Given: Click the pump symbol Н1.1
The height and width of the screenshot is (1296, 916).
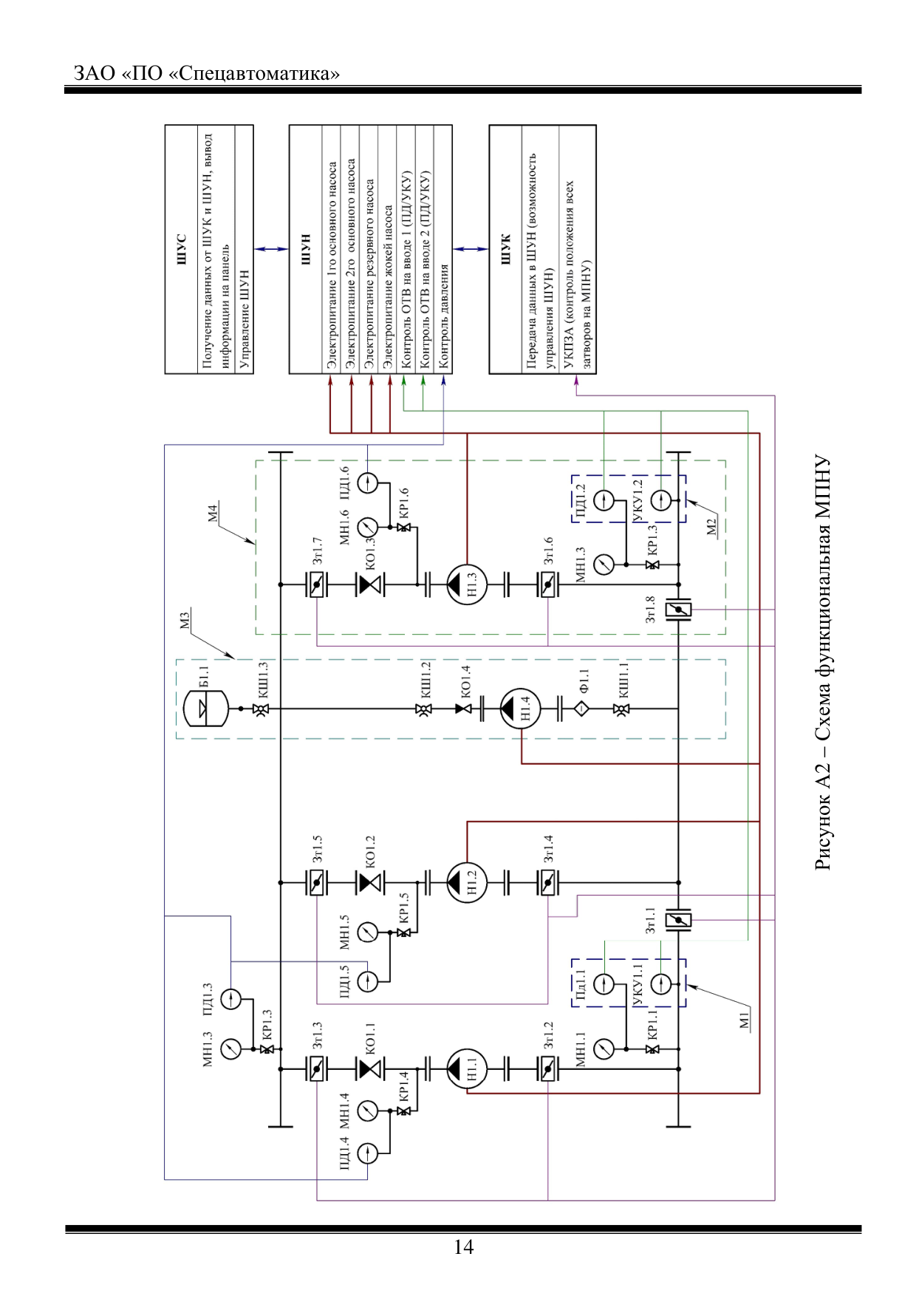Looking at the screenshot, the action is (x=467, y=1068).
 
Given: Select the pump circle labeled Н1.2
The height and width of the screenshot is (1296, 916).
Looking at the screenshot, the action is (x=467, y=882).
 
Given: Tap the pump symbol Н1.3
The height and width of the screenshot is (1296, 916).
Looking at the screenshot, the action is (x=467, y=584).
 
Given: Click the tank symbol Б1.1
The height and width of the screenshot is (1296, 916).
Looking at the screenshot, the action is (x=205, y=709).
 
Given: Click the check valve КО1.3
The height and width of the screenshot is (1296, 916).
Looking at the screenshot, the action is (x=370, y=585).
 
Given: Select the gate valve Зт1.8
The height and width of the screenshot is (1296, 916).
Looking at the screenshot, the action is (x=678, y=610).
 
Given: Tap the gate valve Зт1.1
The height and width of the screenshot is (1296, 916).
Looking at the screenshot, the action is (x=678, y=920).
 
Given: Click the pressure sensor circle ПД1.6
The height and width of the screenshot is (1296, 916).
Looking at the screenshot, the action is (x=368, y=483).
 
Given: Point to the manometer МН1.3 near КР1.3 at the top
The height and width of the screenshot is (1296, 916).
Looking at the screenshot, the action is (x=231, y=1048).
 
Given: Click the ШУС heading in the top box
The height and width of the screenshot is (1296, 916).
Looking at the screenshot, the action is (x=182, y=249).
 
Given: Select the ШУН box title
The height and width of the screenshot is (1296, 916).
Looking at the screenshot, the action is (x=306, y=249).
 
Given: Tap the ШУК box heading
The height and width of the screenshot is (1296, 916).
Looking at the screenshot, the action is (x=506, y=249).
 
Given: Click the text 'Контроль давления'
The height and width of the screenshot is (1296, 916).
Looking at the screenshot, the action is (x=443, y=316).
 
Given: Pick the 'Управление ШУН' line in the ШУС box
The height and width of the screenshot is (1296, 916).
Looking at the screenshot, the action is (x=245, y=319).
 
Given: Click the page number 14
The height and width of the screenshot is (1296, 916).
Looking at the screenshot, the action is (x=463, y=1247).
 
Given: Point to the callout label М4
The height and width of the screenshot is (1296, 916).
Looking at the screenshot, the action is (x=213, y=514).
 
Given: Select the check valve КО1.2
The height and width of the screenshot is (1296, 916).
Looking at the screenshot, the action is (x=370, y=882).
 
